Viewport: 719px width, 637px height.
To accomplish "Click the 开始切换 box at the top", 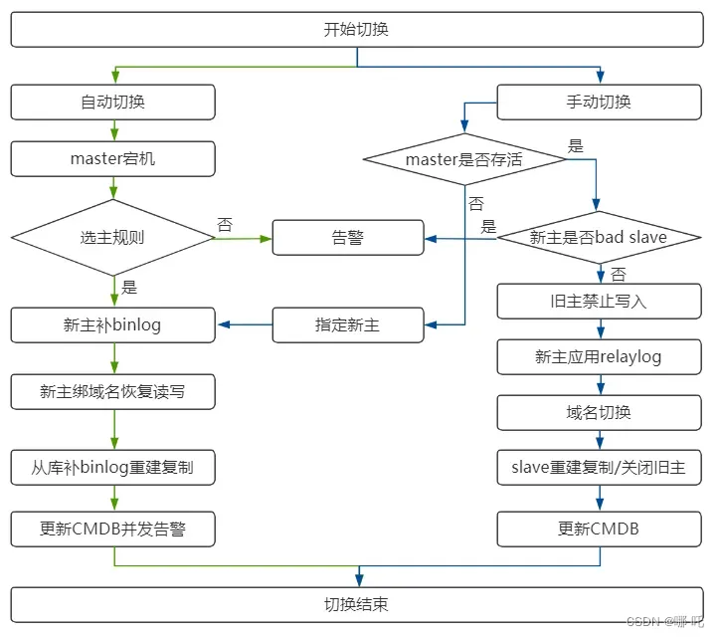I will tap(356, 29).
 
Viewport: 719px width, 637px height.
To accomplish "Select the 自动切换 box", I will tap(112, 102).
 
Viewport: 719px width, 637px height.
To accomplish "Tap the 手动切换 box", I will tap(599, 102).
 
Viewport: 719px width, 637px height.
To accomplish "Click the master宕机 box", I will tap(112, 158).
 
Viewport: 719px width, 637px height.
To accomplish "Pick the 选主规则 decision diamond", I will tap(112, 238).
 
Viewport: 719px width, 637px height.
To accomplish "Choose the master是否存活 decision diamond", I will tap(463, 159).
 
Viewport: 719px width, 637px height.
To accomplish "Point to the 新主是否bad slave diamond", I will tap(599, 237).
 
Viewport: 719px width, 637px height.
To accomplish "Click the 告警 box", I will tap(347, 238).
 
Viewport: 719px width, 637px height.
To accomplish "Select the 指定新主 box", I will tap(347, 324).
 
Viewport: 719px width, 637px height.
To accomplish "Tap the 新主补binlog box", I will tap(112, 324).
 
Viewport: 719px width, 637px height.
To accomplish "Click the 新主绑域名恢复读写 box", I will tap(112, 391).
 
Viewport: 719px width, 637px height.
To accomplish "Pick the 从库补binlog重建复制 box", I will tap(112, 465).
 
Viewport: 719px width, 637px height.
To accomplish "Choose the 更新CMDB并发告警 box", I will tap(112, 530).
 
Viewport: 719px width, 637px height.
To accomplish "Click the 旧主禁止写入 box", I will tap(599, 301).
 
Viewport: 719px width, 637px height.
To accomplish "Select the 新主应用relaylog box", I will tap(599, 356).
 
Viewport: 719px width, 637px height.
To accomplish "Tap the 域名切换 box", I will tap(599, 412).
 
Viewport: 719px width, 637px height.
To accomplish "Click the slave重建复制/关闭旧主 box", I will tap(599, 466).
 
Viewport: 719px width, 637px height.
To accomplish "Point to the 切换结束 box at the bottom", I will tap(356, 604).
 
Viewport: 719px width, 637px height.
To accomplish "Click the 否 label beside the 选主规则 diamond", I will tap(225, 225).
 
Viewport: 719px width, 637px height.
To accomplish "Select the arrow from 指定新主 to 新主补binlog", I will tap(244, 324).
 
